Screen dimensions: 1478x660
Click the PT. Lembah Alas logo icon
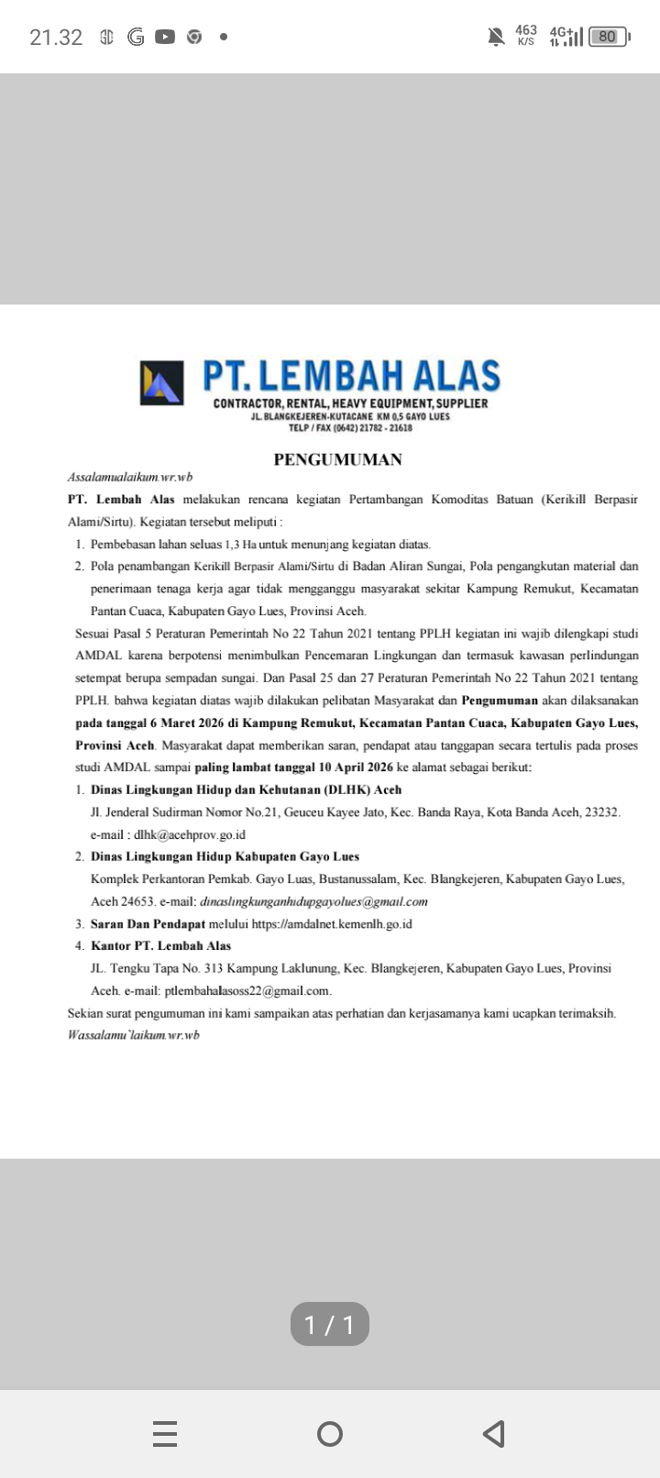(x=161, y=383)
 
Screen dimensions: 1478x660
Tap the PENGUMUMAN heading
(x=337, y=459)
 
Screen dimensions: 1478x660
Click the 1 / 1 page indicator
(x=329, y=1324)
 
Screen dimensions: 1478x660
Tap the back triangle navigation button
(x=493, y=1433)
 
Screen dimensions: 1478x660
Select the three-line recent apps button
(x=165, y=1433)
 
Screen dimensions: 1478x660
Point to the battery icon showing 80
(x=608, y=37)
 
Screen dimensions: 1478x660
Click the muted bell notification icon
(x=496, y=37)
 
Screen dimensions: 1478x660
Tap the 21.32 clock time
(x=56, y=38)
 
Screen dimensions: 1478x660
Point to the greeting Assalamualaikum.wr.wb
(x=130, y=477)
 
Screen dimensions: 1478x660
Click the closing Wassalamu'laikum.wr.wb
(x=134, y=1035)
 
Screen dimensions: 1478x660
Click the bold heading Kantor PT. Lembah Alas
(x=160, y=945)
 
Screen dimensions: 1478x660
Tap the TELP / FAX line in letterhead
(x=350, y=427)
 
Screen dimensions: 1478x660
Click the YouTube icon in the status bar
(x=165, y=38)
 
